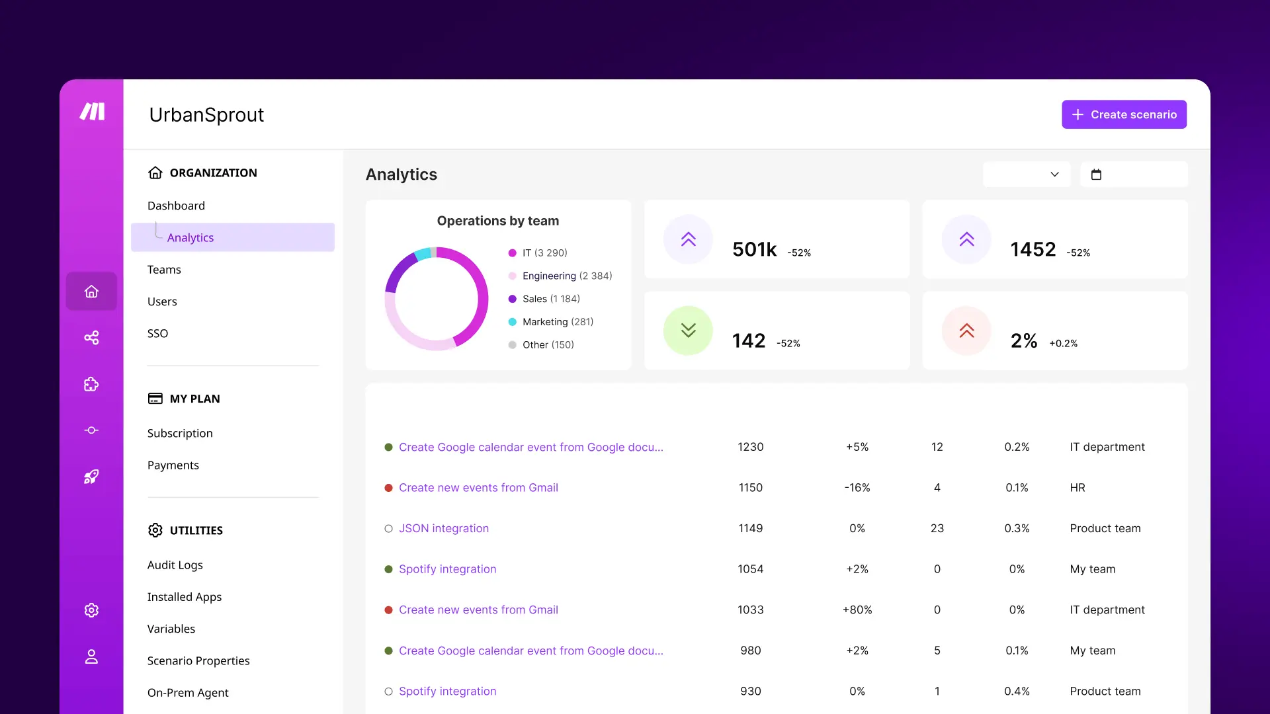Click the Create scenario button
(1124, 114)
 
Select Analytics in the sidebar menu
(190, 237)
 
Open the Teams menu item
(164, 270)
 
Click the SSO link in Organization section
(157, 333)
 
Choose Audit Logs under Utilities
(175, 565)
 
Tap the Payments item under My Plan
(173, 465)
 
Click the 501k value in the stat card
(754, 249)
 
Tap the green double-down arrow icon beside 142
(688, 331)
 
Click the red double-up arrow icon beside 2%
(966, 331)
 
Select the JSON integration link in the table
(443, 528)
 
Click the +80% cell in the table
(857, 610)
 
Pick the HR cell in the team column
(1078, 488)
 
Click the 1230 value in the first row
(750, 447)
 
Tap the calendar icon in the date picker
(1096, 175)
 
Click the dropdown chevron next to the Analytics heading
(1054, 175)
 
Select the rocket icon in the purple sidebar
(91, 477)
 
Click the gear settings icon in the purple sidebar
(91, 610)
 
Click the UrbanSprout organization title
(206, 115)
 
